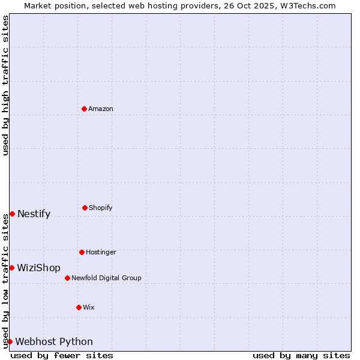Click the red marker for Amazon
point(84,109)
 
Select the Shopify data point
point(85,208)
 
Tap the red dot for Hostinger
point(82,252)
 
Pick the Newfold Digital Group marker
point(67,278)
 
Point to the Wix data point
point(79,307)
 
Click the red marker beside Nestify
point(12,214)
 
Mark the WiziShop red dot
point(11,268)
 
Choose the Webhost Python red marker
point(10,341)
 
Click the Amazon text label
point(101,109)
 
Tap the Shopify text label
point(101,208)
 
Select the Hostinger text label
point(101,252)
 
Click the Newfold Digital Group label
point(106,278)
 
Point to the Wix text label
point(89,307)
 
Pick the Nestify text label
point(34,214)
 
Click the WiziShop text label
point(38,268)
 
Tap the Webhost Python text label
point(54,342)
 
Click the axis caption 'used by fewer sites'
point(62,355)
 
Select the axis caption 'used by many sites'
point(301,355)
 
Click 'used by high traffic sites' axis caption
point(5,85)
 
